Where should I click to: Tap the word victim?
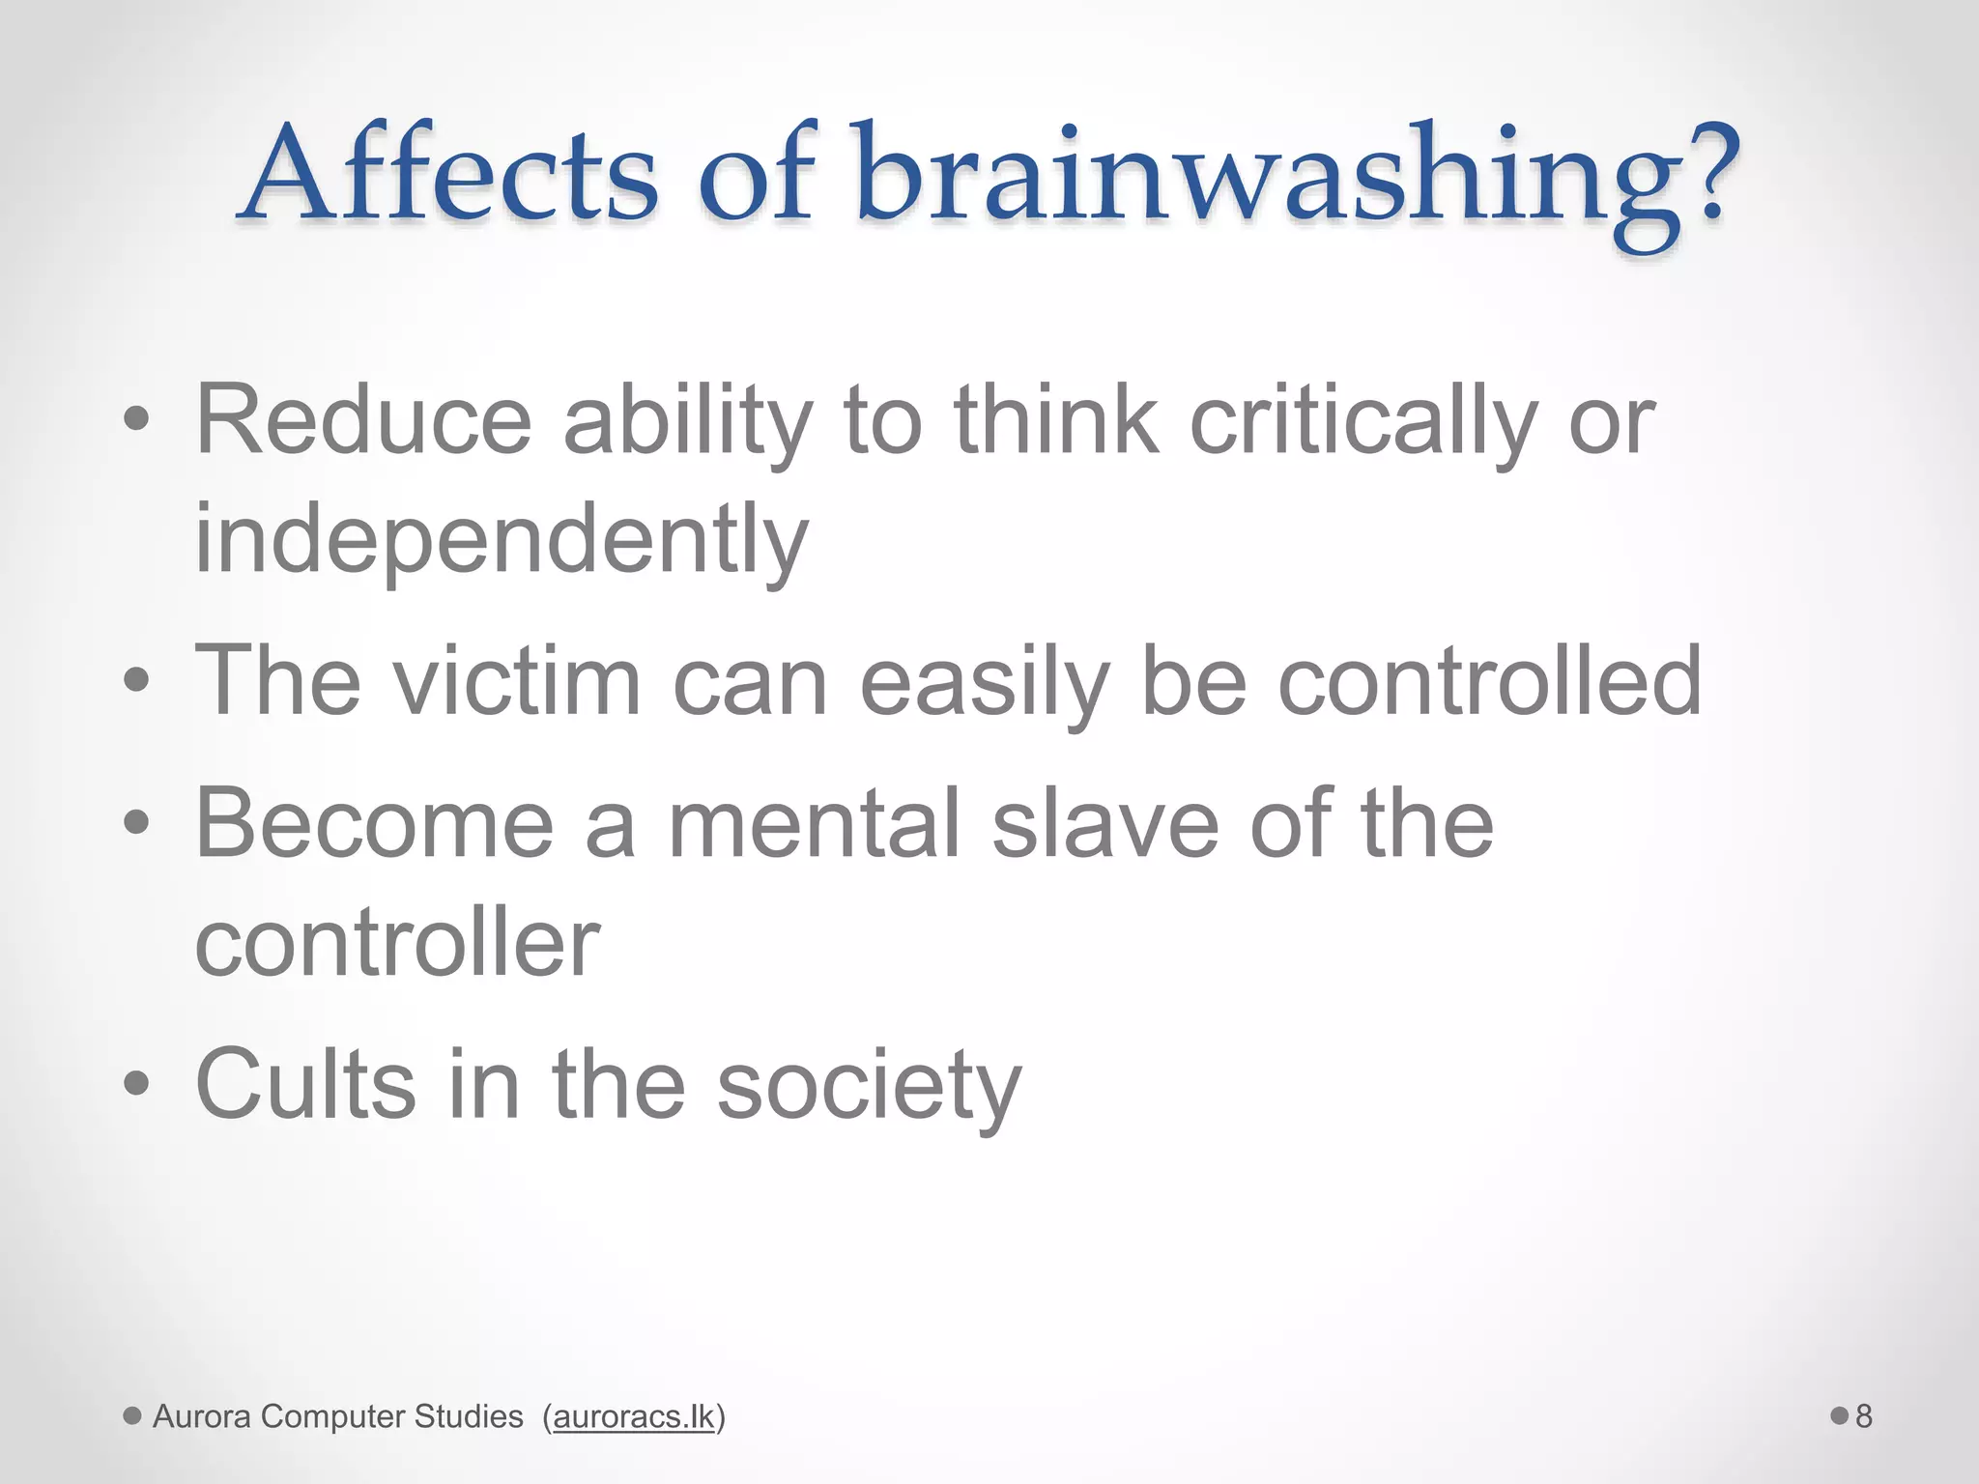click(516, 681)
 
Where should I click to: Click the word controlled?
click(1489, 681)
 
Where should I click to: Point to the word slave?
click(1105, 823)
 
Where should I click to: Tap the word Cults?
click(305, 1084)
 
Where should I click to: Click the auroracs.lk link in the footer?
click(633, 1416)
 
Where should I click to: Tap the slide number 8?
click(1863, 1416)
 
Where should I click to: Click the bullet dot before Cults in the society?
click(136, 1084)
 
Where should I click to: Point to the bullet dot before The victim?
click(136, 680)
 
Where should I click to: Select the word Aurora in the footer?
click(202, 1416)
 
